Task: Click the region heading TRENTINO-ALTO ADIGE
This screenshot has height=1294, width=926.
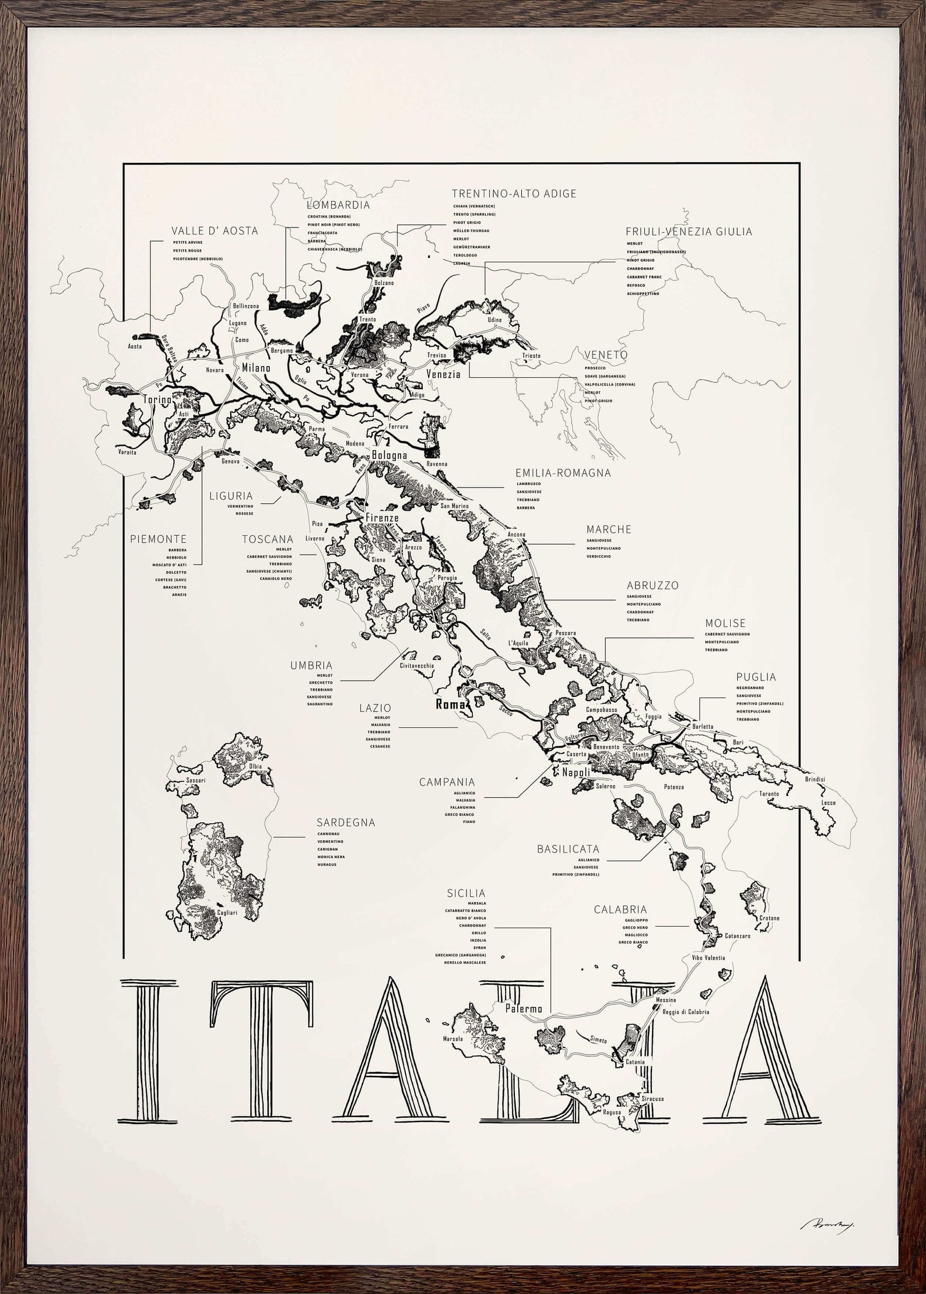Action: point(514,194)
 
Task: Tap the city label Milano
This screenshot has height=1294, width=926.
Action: point(257,368)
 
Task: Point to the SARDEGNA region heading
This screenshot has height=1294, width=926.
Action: point(346,823)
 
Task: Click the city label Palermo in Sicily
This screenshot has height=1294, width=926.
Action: point(524,1008)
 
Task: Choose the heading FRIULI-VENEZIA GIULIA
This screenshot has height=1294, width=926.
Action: point(689,232)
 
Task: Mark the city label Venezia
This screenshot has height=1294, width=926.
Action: point(443,374)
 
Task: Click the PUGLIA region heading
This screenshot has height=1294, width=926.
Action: point(756,677)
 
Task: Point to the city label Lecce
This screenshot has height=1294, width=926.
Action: point(829,803)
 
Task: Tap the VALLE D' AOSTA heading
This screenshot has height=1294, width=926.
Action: point(215,231)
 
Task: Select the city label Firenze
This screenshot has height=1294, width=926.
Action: point(382,518)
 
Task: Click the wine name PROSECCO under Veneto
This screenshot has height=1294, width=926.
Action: point(595,368)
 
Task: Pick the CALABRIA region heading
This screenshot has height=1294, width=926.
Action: point(620,909)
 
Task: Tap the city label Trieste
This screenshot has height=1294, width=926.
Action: point(531,356)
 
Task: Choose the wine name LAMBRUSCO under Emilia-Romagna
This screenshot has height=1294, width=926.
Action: point(528,484)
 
